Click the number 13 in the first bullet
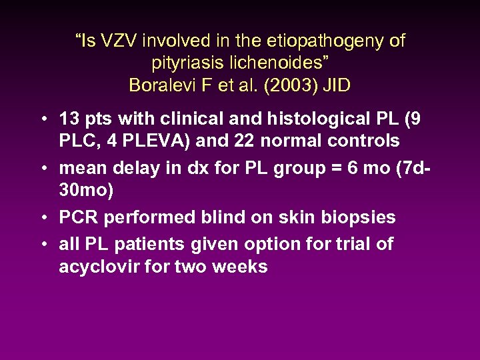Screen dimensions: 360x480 [x=69, y=119]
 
